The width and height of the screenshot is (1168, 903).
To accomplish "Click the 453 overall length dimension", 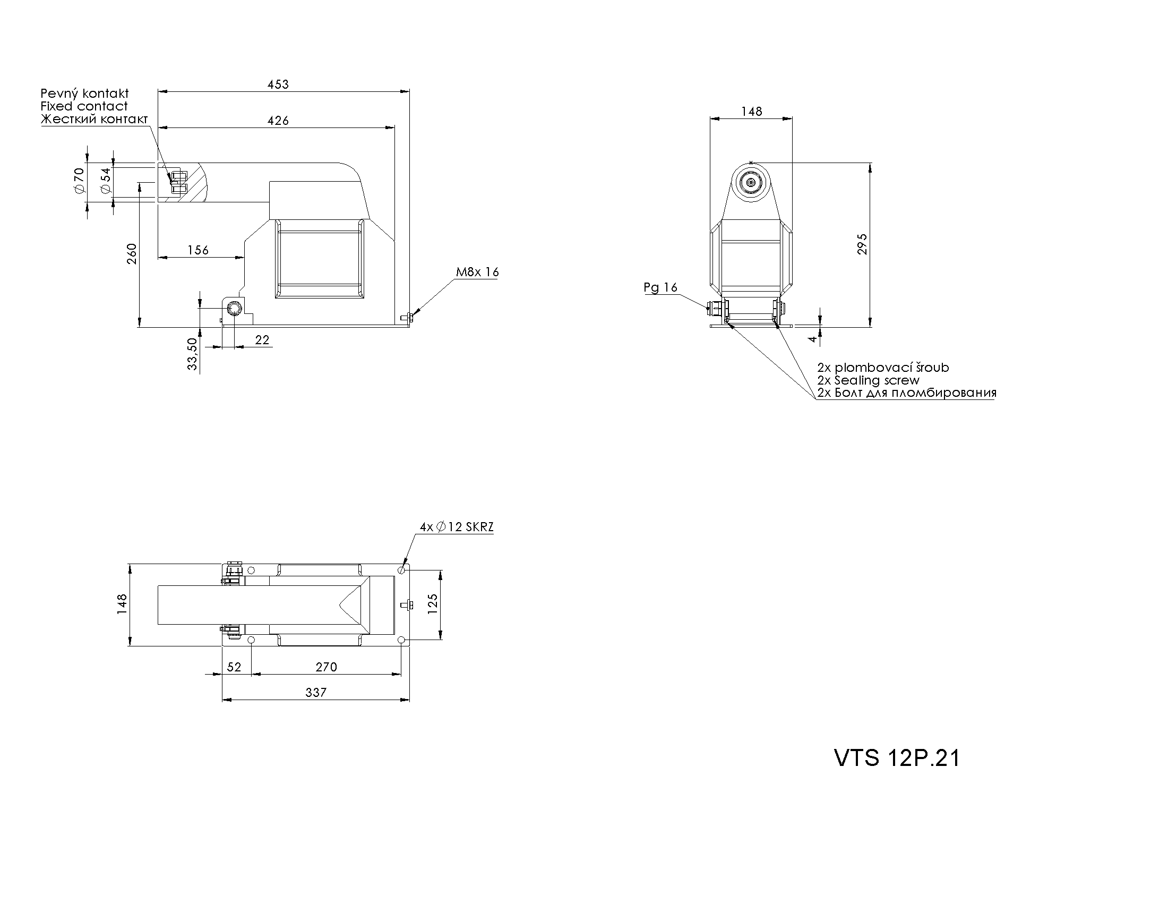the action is click(278, 84).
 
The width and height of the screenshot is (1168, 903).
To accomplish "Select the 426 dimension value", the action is click(278, 121).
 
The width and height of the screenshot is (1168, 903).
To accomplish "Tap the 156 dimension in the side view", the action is click(198, 250).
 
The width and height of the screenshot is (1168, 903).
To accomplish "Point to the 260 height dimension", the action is click(132, 254).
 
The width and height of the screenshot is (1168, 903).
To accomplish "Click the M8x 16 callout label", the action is click(477, 272).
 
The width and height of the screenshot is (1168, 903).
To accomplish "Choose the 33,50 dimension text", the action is click(193, 354).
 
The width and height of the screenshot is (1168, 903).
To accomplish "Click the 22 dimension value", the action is click(262, 340).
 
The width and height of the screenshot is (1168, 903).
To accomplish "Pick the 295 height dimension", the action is click(862, 244).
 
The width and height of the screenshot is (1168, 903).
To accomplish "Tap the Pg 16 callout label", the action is click(660, 288).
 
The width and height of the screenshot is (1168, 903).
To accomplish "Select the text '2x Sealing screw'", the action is click(868, 380).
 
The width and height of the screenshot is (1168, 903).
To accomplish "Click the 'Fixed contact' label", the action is click(84, 106).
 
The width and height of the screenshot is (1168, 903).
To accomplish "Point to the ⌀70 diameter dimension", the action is click(80, 181).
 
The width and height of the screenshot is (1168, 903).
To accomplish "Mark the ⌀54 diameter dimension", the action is click(105, 181).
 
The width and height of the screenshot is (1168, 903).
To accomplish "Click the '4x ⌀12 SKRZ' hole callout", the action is click(457, 527).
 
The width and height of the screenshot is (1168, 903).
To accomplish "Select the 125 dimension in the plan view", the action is click(433, 603).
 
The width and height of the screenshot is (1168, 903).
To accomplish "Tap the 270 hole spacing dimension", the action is click(326, 667).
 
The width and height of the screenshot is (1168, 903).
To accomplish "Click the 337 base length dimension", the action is click(315, 693).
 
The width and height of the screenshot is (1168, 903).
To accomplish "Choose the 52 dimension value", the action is click(234, 667).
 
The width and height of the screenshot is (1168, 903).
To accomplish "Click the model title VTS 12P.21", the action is click(897, 758).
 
